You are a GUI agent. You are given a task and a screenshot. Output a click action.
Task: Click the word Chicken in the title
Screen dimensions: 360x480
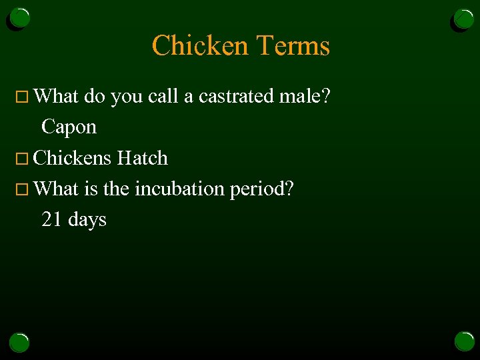point(201,46)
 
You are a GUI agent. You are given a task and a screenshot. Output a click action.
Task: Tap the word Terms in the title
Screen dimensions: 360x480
point(293,46)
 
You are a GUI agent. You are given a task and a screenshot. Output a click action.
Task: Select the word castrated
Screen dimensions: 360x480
point(237,97)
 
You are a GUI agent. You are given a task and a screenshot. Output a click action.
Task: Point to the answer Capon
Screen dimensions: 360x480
point(69,127)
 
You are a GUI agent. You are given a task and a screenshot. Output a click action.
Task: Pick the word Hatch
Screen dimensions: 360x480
point(142,158)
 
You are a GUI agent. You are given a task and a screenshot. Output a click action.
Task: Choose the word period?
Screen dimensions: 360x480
point(261,189)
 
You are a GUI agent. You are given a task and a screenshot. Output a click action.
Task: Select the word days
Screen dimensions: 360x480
point(87,220)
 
